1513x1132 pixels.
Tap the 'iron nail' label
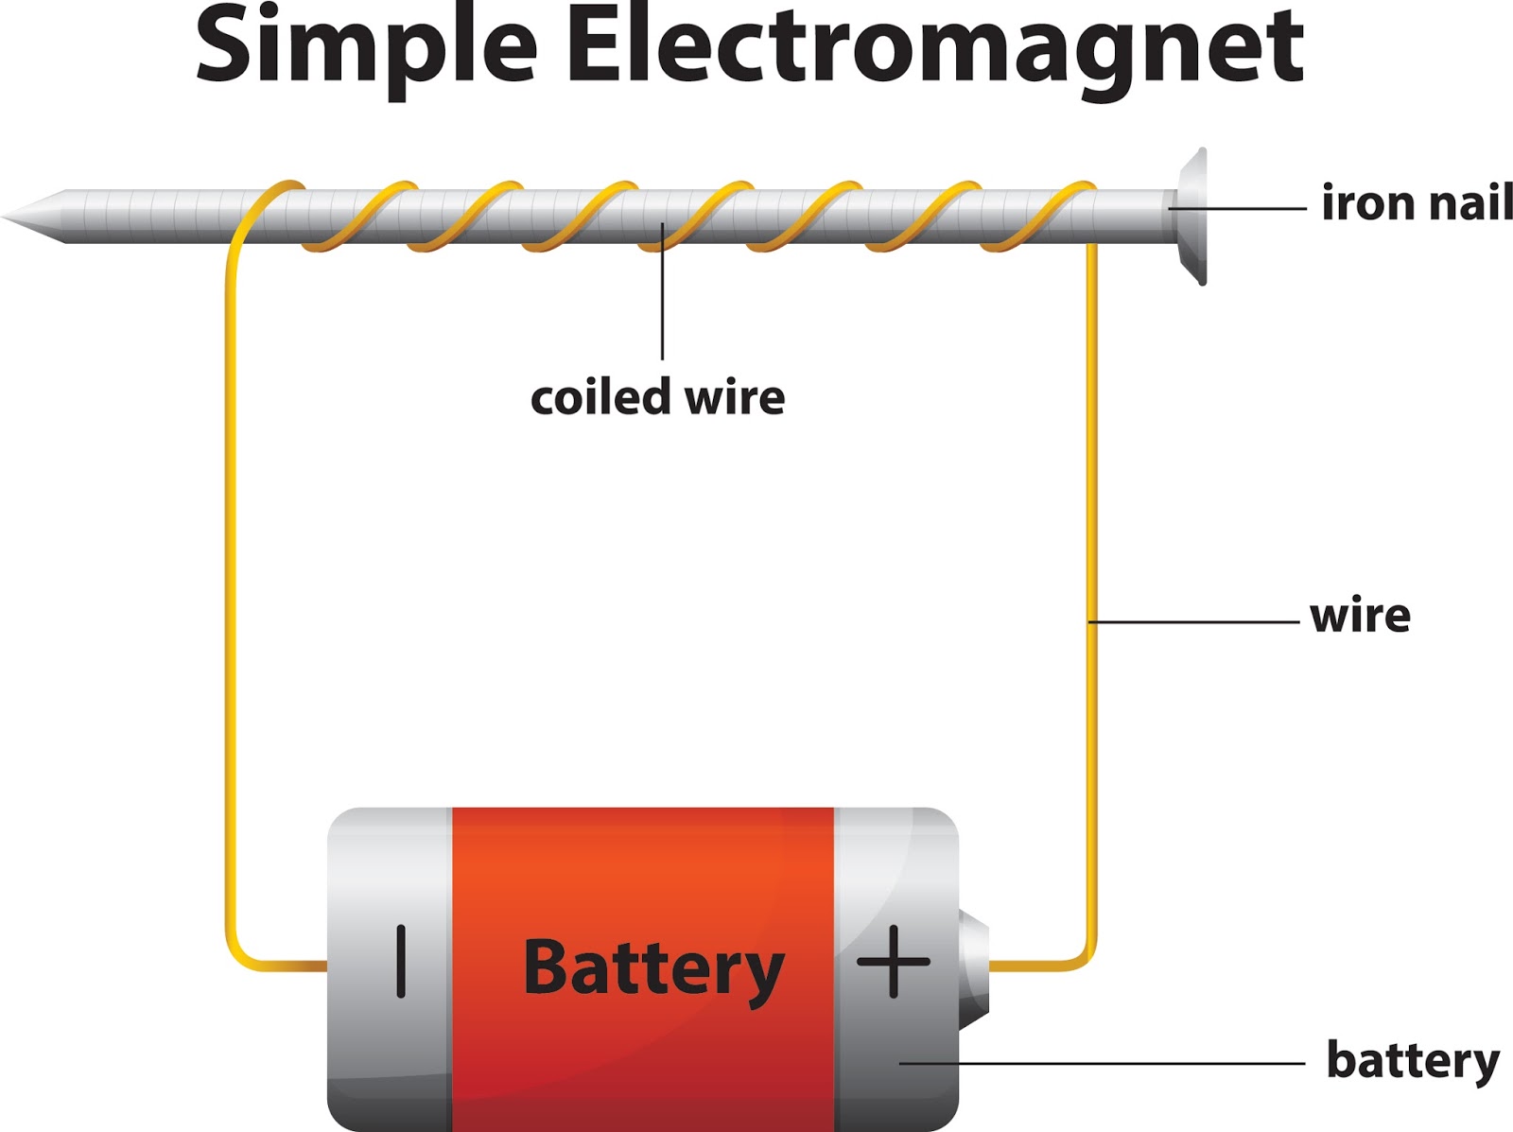pos(1416,203)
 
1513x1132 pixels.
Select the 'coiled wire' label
pos(657,397)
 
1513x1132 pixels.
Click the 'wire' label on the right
pos(1360,617)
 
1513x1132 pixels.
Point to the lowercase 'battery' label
pos(1413,1061)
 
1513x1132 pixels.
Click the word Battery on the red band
pos(653,968)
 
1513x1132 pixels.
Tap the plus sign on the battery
pos(893,962)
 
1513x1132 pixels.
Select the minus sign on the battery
pos(401,962)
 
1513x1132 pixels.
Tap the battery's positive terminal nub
pos(974,967)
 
